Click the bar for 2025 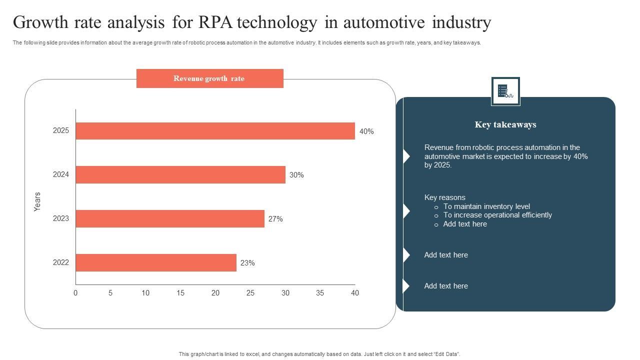(x=215, y=131)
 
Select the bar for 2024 (x=180, y=175)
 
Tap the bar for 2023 (x=170, y=218)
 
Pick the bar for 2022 (x=156, y=262)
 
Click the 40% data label (x=366, y=131)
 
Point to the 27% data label (x=275, y=219)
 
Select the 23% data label (x=247, y=263)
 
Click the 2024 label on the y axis (x=61, y=174)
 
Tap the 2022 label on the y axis (x=61, y=262)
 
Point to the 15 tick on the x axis (x=180, y=293)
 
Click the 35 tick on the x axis (x=320, y=293)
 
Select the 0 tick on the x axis (x=75, y=293)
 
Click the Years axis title (x=37, y=201)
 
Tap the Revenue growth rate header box (x=209, y=78)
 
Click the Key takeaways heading (x=505, y=124)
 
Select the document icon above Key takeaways (x=505, y=91)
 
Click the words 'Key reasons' (x=444, y=197)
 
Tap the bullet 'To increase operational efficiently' (x=497, y=215)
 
